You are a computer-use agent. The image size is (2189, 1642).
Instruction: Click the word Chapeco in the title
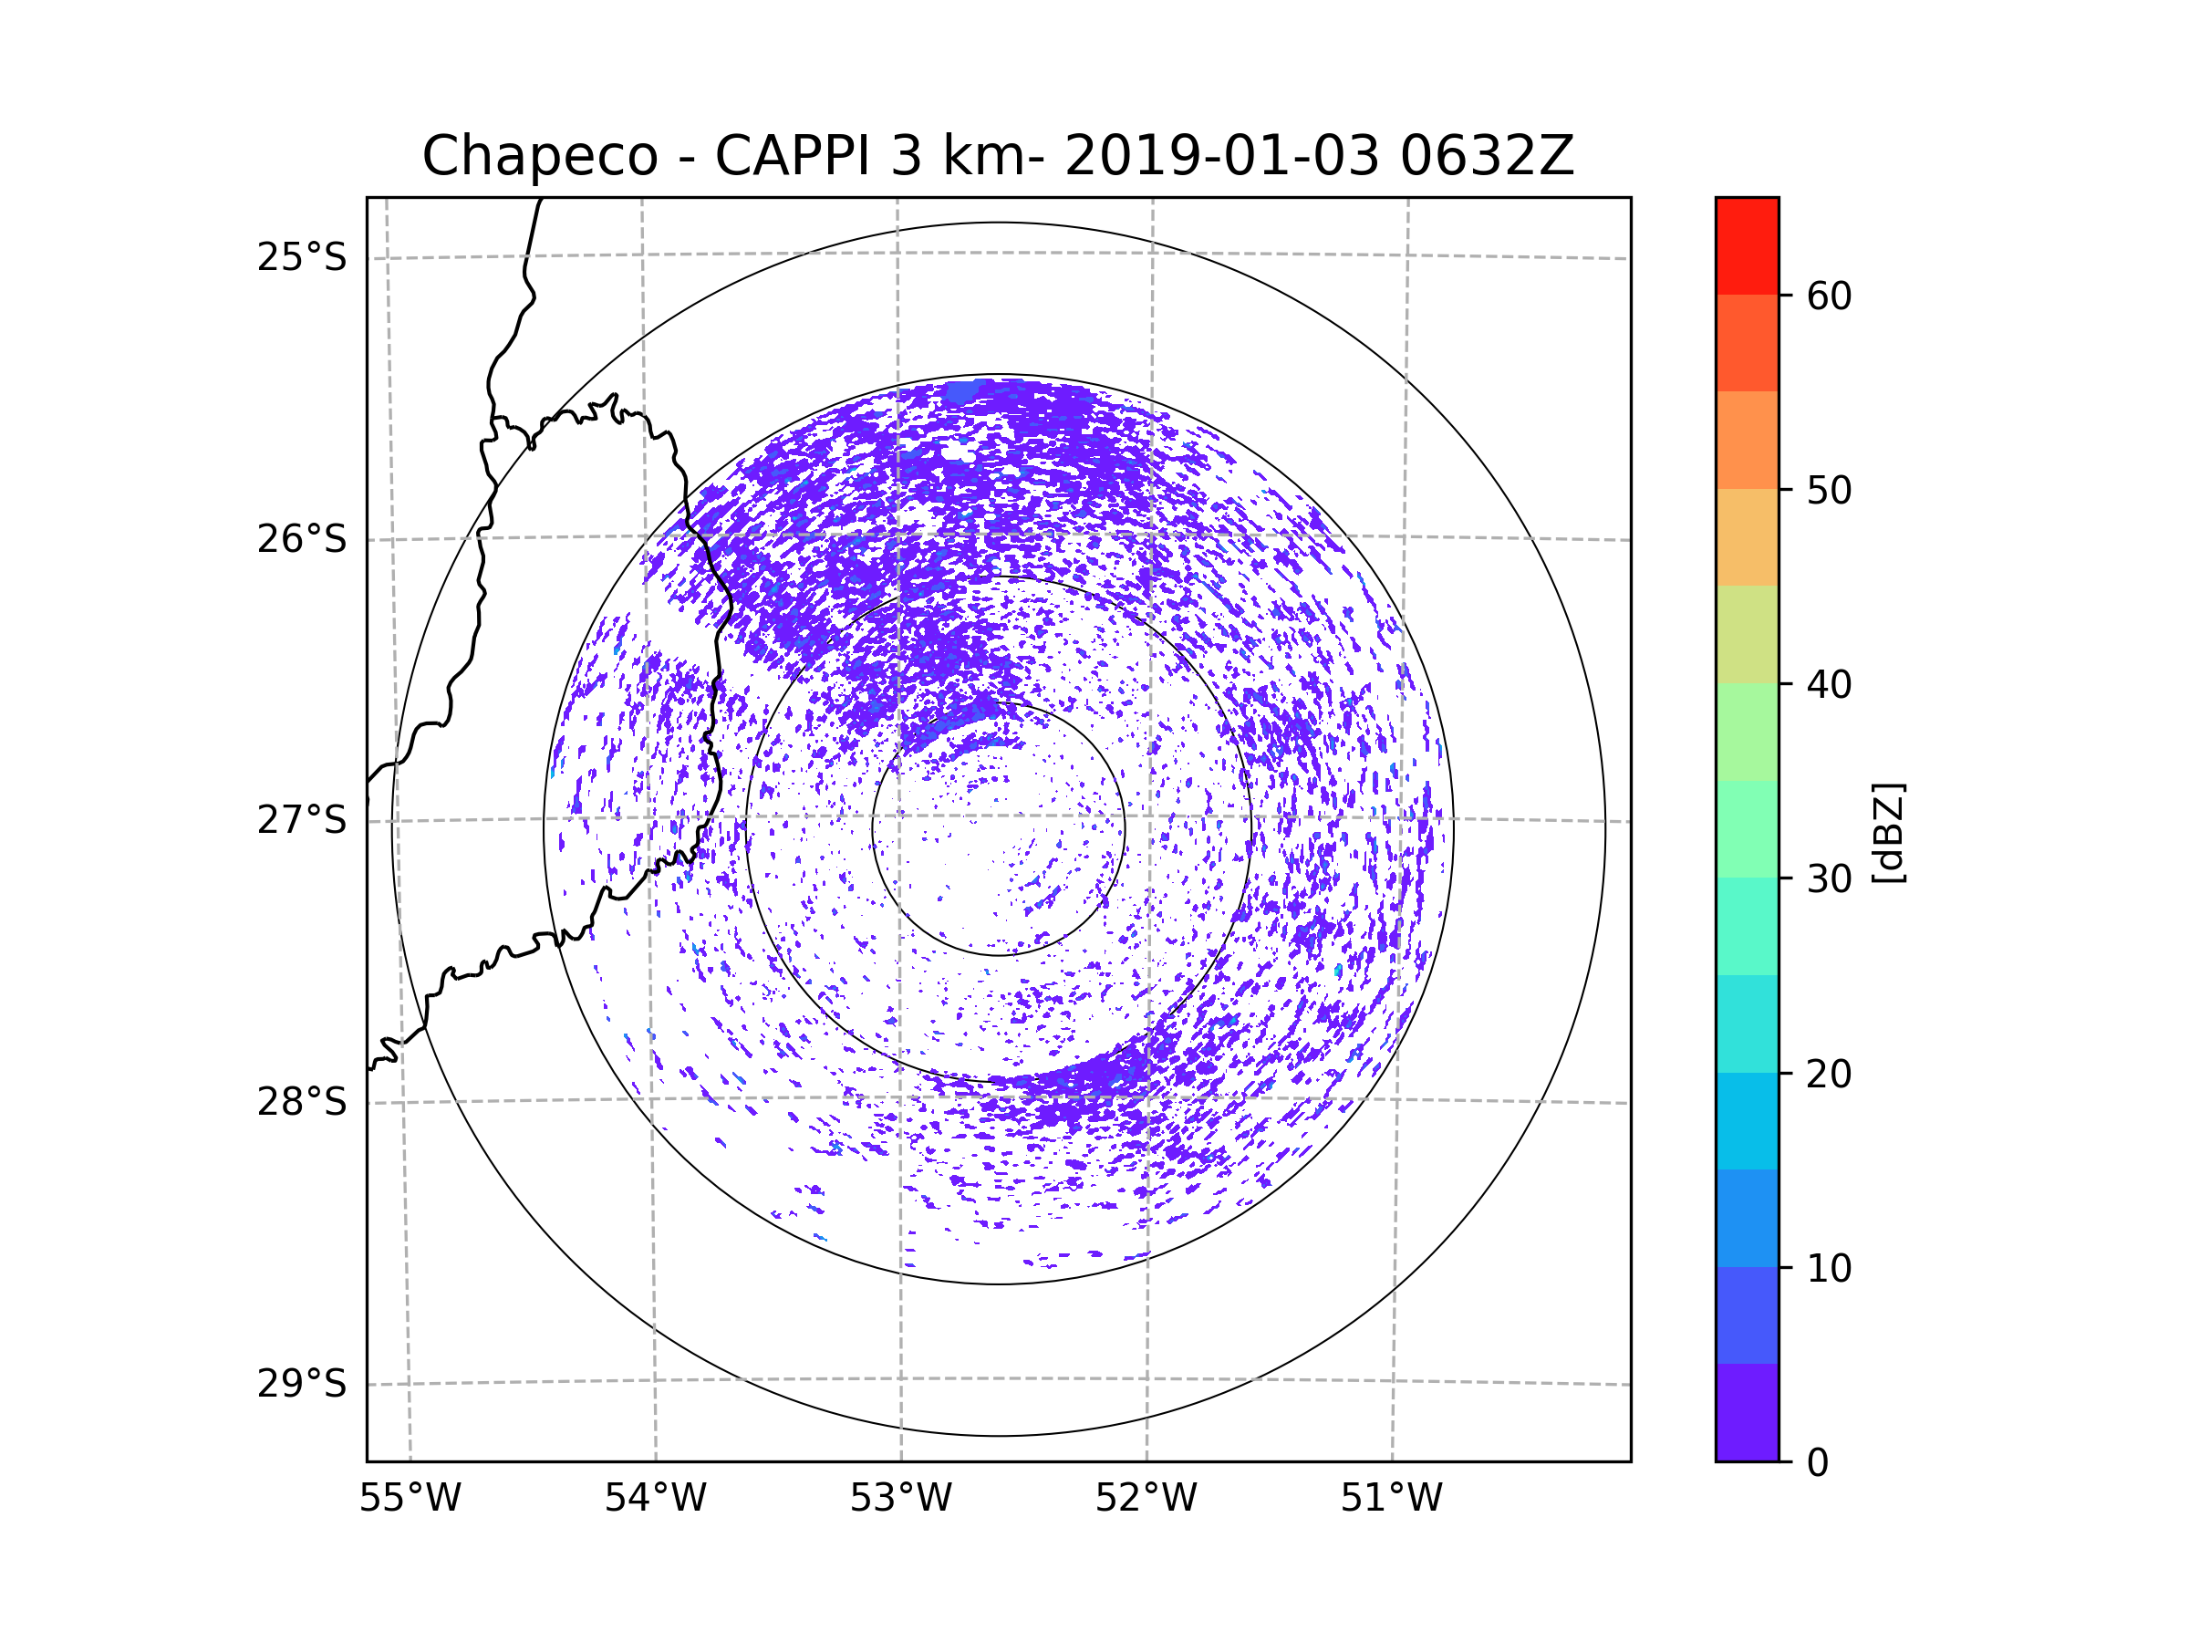pos(540,156)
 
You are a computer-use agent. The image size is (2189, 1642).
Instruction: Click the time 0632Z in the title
pos(1487,155)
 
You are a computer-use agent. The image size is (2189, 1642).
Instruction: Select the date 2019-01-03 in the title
pos(1221,155)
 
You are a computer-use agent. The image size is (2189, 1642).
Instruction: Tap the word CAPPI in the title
pos(792,155)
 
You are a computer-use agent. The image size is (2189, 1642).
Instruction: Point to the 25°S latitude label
pos(302,257)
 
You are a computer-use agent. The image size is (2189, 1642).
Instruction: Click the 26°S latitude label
pos(302,539)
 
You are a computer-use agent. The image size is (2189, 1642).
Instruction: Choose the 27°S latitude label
pos(302,820)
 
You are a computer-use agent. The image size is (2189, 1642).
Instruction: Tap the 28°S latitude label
pos(302,1102)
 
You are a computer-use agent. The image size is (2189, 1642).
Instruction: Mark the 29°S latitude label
pos(302,1384)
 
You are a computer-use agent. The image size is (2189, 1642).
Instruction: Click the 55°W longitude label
pos(410,1499)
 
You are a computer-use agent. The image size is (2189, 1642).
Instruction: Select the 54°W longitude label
pos(655,1499)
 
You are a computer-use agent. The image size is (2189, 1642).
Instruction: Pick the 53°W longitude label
pos(900,1499)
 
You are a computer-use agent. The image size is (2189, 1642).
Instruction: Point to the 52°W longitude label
pos(1146,1499)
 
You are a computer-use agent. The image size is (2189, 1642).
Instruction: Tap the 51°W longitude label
pos(1391,1499)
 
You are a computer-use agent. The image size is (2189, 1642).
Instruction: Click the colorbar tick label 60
pos(1829,296)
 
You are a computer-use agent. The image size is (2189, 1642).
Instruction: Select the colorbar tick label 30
pos(1829,878)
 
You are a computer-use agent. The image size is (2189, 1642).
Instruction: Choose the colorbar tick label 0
pos(1818,1463)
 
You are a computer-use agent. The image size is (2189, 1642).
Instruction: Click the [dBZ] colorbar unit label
pos(1888,832)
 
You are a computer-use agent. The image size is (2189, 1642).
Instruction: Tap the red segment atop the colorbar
pos(1747,245)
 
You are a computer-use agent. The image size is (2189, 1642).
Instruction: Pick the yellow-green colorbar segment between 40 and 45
pos(1747,634)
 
